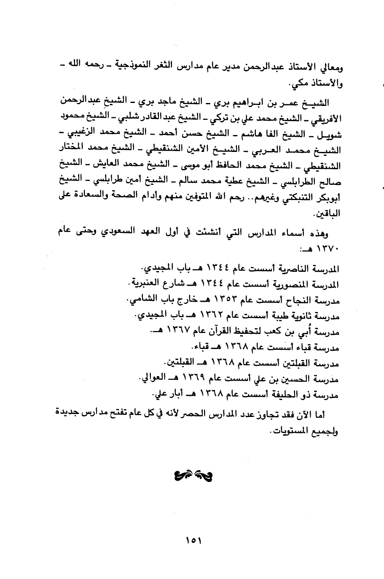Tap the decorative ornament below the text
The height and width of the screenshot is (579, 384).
pyautogui.click(x=192, y=477)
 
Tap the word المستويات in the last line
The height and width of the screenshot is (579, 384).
pyautogui.click(x=292, y=432)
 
